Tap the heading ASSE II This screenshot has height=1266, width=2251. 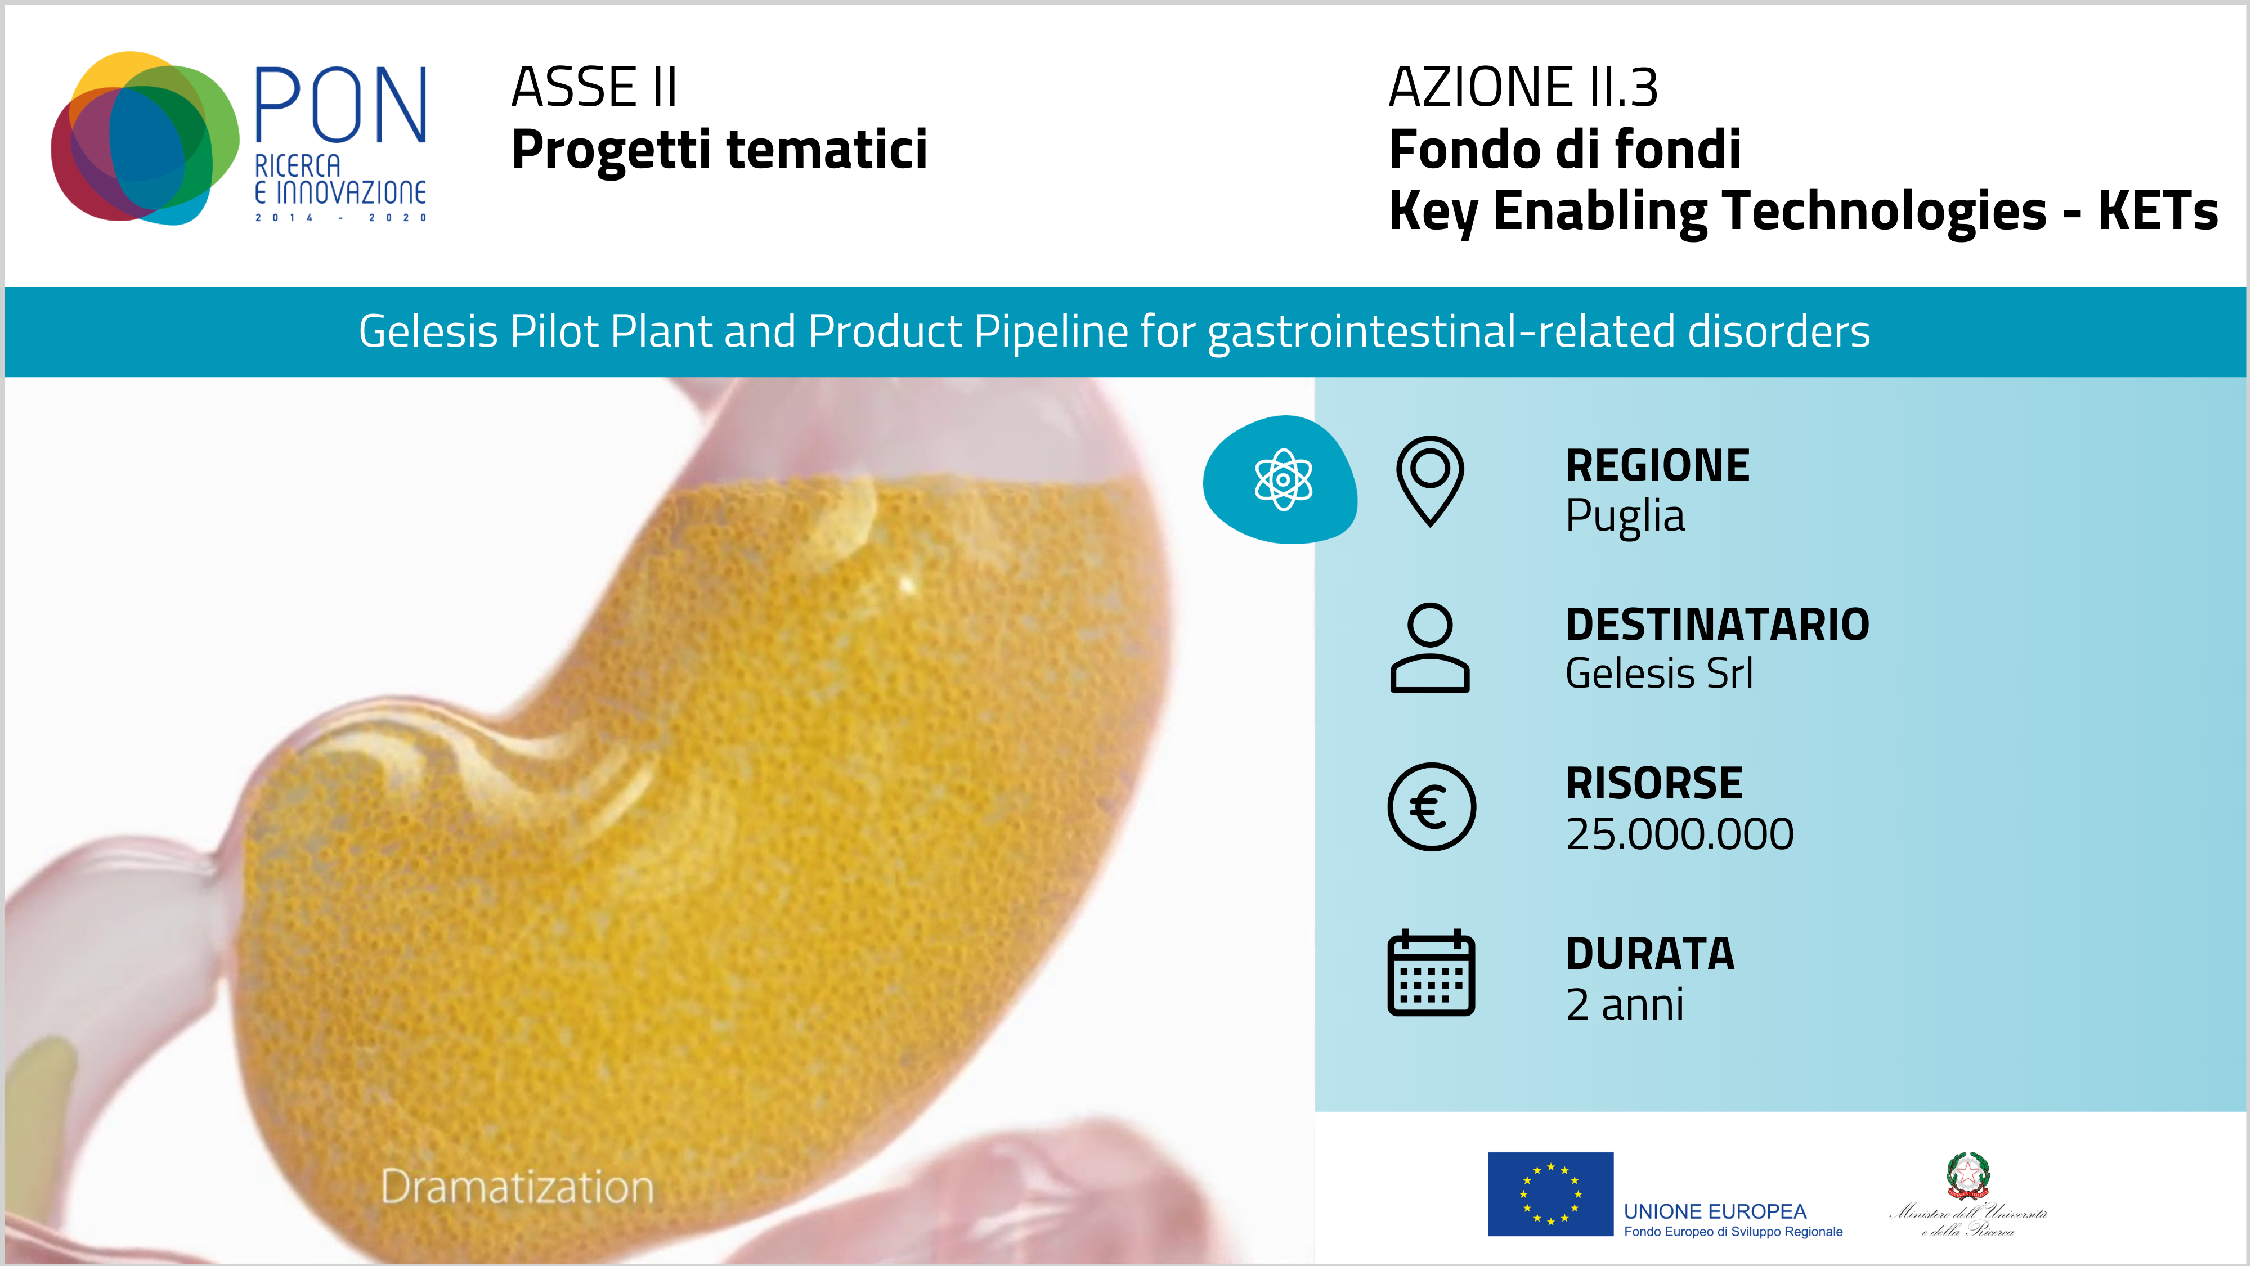point(594,87)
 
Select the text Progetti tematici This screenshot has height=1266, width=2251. point(719,150)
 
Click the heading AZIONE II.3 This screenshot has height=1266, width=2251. point(1523,87)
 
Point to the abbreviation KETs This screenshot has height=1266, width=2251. point(2158,212)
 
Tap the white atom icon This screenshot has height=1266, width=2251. point(1283,479)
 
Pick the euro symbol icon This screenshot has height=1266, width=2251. point(1431,806)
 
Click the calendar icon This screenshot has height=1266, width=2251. point(1431,972)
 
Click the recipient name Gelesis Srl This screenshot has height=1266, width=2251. point(1658,674)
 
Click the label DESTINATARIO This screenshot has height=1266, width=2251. point(1717,625)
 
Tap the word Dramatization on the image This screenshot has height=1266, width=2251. point(517,1187)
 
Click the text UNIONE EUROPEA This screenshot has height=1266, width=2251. point(1715,1212)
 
